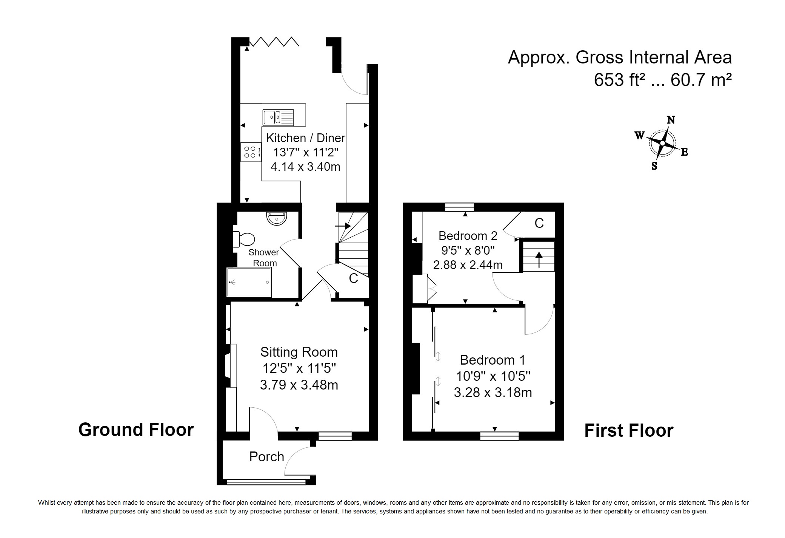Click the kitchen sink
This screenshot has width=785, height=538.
point(279,117)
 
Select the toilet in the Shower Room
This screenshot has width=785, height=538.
point(244,239)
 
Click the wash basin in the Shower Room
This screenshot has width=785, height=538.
point(277,218)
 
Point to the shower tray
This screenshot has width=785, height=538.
point(249,282)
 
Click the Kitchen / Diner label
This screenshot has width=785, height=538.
point(306,138)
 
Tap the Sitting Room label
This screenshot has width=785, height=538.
point(299,352)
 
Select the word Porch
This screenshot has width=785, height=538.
point(266,457)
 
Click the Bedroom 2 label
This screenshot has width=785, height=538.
point(468,236)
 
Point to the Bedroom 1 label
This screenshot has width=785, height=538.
point(493,360)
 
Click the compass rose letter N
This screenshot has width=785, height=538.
point(671,120)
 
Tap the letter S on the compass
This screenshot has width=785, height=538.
point(654,166)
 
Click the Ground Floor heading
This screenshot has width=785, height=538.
point(136,430)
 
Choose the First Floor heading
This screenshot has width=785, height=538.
point(629,431)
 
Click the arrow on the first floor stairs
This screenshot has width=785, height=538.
point(539,259)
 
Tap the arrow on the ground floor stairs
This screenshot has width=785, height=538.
point(343,226)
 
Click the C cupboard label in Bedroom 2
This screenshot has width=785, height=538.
point(539,223)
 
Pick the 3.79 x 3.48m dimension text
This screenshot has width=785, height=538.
point(299,385)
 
